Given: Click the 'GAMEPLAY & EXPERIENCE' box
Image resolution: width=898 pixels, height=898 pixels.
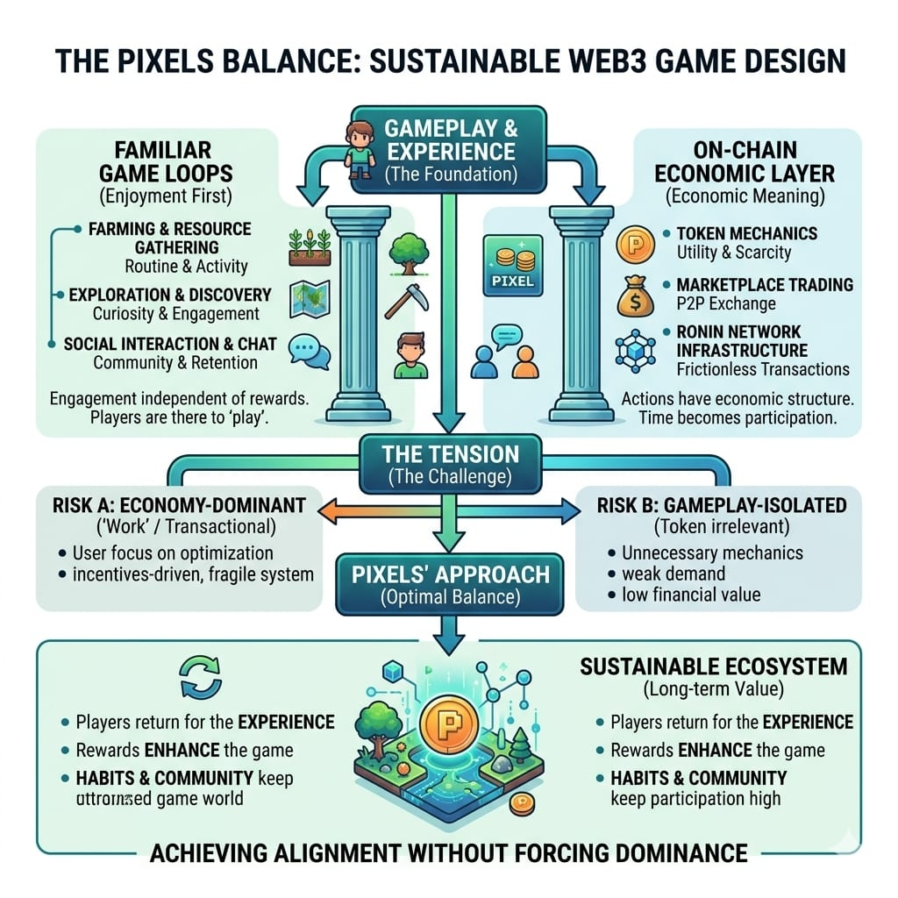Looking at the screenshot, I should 450,148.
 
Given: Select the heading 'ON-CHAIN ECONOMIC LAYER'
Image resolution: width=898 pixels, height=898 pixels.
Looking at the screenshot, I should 744,160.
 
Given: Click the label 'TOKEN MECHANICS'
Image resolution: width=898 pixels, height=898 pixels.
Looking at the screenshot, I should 746,233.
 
